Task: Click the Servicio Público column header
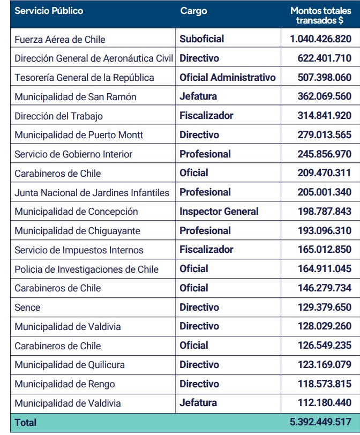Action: (x=49, y=11)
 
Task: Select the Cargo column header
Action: (x=193, y=11)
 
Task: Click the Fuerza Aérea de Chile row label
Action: (x=60, y=40)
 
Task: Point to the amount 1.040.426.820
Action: (x=320, y=39)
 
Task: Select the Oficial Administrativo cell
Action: (x=228, y=78)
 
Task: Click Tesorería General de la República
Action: (x=84, y=78)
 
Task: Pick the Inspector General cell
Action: (x=219, y=212)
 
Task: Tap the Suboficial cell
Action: (x=202, y=39)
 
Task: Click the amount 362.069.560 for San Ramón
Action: (x=325, y=96)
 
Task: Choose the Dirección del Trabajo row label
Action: (x=59, y=116)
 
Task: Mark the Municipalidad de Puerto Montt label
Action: (x=79, y=135)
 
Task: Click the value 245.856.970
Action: (x=325, y=154)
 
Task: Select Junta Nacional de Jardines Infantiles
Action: (x=92, y=192)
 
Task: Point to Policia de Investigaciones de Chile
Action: (x=87, y=269)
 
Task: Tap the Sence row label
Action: (x=27, y=307)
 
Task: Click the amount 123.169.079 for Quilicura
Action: (x=325, y=365)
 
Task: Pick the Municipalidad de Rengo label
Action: (x=65, y=384)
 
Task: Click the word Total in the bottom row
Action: (x=26, y=423)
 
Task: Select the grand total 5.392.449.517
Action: (x=320, y=422)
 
